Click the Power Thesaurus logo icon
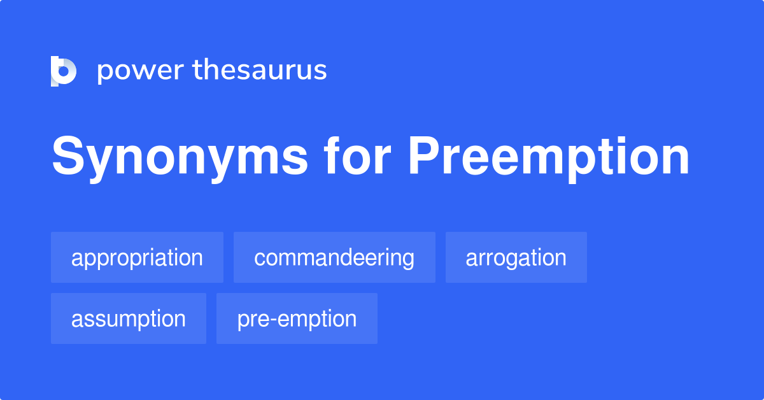click(x=64, y=71)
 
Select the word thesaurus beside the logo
click(x=260, y=71)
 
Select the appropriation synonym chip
click(x=137, y=258)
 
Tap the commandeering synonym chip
click(x=334, y=258)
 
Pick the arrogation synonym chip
click(x=516, y=258)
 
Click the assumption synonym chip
click(x=129, y=318)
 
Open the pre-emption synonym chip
click(x=297, y=318)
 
